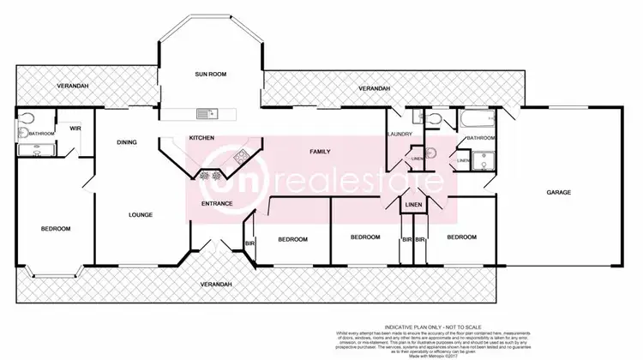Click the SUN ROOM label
[x=209, y=75]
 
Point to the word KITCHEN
[x=201, y=138]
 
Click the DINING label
[x=127, y=143]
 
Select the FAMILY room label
[x=320, y=151]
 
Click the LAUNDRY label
[x=400, y=135]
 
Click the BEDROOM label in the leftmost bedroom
[x=56, y=229]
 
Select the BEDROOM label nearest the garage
[x=461, y=237]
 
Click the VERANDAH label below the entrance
[x=215, y=284]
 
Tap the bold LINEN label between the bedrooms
[x=413, y=206]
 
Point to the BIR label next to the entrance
[x=249, y=243]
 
